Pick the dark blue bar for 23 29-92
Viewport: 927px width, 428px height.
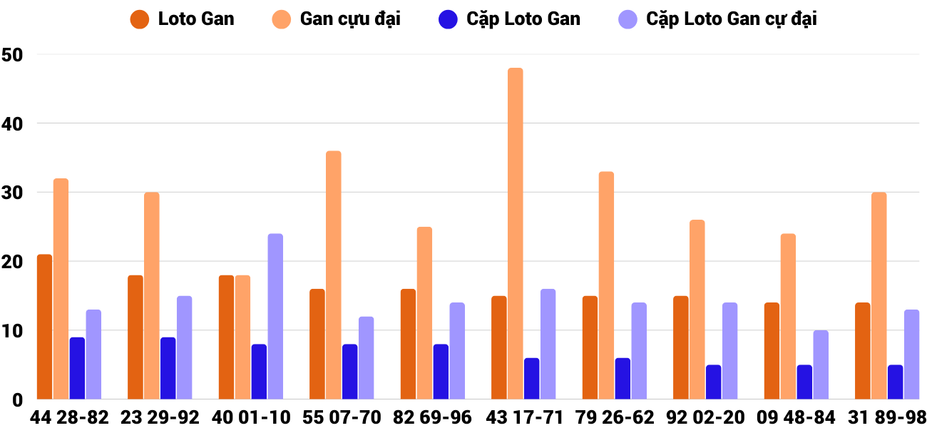tap(168, 368)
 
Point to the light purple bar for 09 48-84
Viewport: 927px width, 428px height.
tap(821, 365)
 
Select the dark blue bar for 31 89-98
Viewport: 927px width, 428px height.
tap(896, 382)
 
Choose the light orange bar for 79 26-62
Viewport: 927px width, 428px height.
tap(606, 285)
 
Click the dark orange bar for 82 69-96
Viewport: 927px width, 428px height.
tap(408, 344)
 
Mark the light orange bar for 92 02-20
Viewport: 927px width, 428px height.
tap(697, 310)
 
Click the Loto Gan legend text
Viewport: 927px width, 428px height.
tap(196, 19)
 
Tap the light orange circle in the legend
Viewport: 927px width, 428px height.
tap(281, 19)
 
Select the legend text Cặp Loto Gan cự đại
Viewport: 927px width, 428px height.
tap(732, 19)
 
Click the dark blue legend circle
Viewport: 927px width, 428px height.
tap(448, 19)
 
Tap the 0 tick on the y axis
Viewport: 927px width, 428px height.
tap(18, 400)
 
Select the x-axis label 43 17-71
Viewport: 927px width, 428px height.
tap(524, 417)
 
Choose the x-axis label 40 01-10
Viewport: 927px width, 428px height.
tap(252, 417)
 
